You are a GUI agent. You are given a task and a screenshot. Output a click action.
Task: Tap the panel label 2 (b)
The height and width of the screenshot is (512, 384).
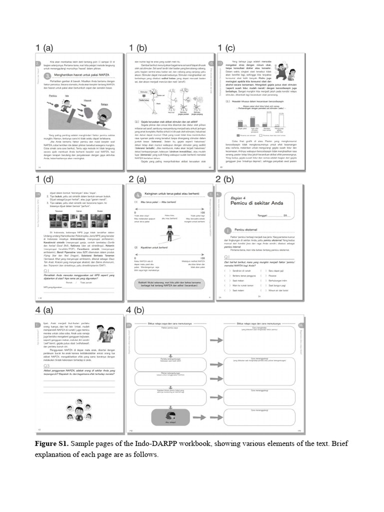[x=224, y=178]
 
